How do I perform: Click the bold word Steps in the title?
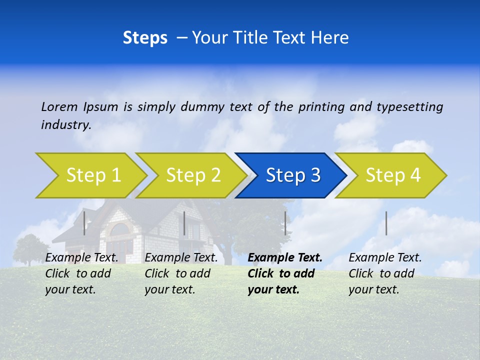pyautogui.click(x=145, y=38)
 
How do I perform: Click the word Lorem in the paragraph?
pyautogui.click(x=59, y=106)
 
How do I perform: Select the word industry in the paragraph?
pyautogui.click(x=65, y=124)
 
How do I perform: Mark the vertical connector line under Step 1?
pyautogui.click(x=84, y=223)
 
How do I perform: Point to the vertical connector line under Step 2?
pyautogui.click(x=184, y=223)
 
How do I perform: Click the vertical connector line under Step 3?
pyautogui.click(x=285, y=223)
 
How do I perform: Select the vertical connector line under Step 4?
pyautogui.click(x=386, y=223)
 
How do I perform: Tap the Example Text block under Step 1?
pyautogui.click(x=81, y=273)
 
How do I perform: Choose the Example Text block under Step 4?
pyautogui.click(x=384, y=273)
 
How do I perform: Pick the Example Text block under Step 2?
pyautogui.click(x=181, y=273)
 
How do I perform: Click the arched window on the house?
pyautogui.click(x=120, y=230)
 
